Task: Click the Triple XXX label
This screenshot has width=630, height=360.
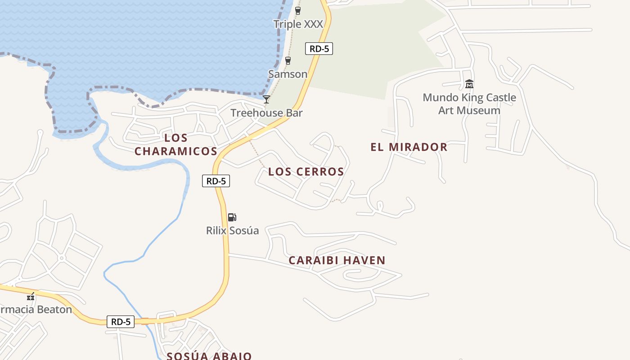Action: click(298, 24)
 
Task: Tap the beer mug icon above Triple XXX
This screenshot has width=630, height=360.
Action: click(297, 11)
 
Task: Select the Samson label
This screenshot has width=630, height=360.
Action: click(288, 74)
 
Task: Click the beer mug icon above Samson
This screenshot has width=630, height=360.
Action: click(288, 61)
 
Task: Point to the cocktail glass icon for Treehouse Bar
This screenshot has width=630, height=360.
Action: click(266, 99)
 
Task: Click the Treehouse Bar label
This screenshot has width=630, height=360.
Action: click(266, 113)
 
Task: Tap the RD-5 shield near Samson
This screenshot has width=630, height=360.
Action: click(319, 49)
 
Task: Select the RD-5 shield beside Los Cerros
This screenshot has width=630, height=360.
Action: click(216, 181)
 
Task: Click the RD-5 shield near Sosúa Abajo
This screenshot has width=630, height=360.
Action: click(121, 322)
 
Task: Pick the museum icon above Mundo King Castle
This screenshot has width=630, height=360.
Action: click(469, 84)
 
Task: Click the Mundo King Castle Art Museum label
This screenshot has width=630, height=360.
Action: click(469, 104)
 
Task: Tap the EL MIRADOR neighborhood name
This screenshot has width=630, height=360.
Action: click(409, 147)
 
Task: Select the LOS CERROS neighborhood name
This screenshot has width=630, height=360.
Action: click(306, 171)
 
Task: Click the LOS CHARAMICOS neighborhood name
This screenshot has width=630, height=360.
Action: click(176, 144)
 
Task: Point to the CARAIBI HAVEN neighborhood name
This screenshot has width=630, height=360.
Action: click(337, 260)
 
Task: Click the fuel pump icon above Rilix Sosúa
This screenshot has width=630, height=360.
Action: click(232, 217)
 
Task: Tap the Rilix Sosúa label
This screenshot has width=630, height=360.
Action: click(232, 231)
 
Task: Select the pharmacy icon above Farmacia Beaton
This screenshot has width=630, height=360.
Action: click(31, 297)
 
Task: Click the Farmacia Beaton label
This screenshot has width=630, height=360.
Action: click(36, 310)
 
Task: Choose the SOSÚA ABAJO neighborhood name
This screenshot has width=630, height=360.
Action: click(209, 356)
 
